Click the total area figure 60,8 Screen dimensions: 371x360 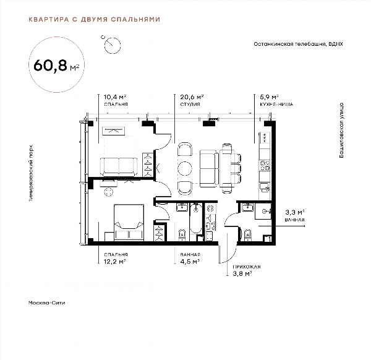coord(51,65)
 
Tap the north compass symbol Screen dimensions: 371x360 coord(113,45)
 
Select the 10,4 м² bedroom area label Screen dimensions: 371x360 coord(115,97)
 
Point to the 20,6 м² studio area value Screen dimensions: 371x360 coord(192,97)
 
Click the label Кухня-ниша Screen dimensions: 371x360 coord(276,105)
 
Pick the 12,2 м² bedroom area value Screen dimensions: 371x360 coord(114,262)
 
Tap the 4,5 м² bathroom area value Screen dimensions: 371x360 coord(190,262)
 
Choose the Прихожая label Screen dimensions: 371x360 coord(247,267)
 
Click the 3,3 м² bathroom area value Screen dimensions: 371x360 coord(294,212)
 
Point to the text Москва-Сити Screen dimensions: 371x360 coord(46,302)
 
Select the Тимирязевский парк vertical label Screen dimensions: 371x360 coord(31,173)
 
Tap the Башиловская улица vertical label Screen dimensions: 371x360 coord(341,131)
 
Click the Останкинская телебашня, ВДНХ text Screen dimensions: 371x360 coord(298,44)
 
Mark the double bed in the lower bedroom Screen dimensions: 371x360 coord(129,223)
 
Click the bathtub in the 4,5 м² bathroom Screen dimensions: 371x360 coord(196,218)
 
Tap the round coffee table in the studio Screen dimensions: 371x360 coord(185,168)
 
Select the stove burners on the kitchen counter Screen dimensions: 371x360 coord(265,165)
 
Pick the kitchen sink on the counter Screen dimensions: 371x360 coord(265,187)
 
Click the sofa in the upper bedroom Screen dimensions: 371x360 coord(119,166)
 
